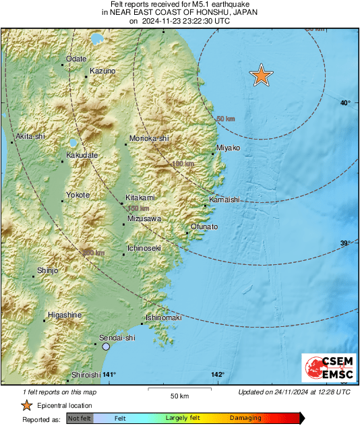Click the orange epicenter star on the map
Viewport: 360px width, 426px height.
tap(261, 76)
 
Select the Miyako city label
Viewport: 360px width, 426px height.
tap(228, 148)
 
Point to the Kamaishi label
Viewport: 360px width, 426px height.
tap(224, 200)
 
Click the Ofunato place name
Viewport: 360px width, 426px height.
tap(204, 227)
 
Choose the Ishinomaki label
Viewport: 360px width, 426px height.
tap(164, 318)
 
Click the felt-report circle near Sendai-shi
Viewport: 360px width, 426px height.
tap(106, 346)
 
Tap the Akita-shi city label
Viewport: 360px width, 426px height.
tap(30, 136)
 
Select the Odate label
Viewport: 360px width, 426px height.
tap(76, 59)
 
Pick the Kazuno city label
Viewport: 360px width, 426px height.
tap(102, 71)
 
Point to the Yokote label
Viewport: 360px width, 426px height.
tap(78, 195)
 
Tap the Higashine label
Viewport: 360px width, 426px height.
tap(65, 315)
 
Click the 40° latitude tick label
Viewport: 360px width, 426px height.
tap(345, 103)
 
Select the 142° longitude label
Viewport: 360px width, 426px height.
tap(217, 375)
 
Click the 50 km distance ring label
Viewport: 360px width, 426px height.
tap(225, 119)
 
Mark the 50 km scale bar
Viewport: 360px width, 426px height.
tap(179, 390)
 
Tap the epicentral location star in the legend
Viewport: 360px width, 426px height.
tap(26, 405)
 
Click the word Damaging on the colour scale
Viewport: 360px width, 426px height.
tap(245, 418)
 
